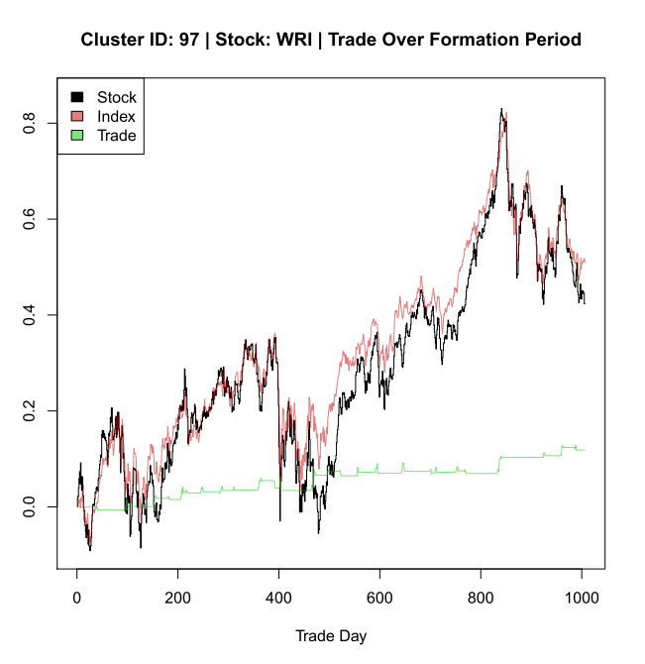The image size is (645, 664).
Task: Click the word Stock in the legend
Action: [117, 97]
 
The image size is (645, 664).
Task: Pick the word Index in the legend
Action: [116, 116]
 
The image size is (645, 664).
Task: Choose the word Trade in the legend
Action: [117, 135]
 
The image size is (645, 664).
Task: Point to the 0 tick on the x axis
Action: [77, 598]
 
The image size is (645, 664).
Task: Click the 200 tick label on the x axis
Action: [178, 598]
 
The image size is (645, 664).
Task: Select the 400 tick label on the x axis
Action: [279, 598]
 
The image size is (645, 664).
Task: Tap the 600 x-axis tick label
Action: [379, 598]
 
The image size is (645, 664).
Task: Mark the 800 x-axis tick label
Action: [481, 598]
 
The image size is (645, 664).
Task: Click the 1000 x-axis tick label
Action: [582, 598]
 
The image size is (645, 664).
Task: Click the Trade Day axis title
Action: [330, 635]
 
